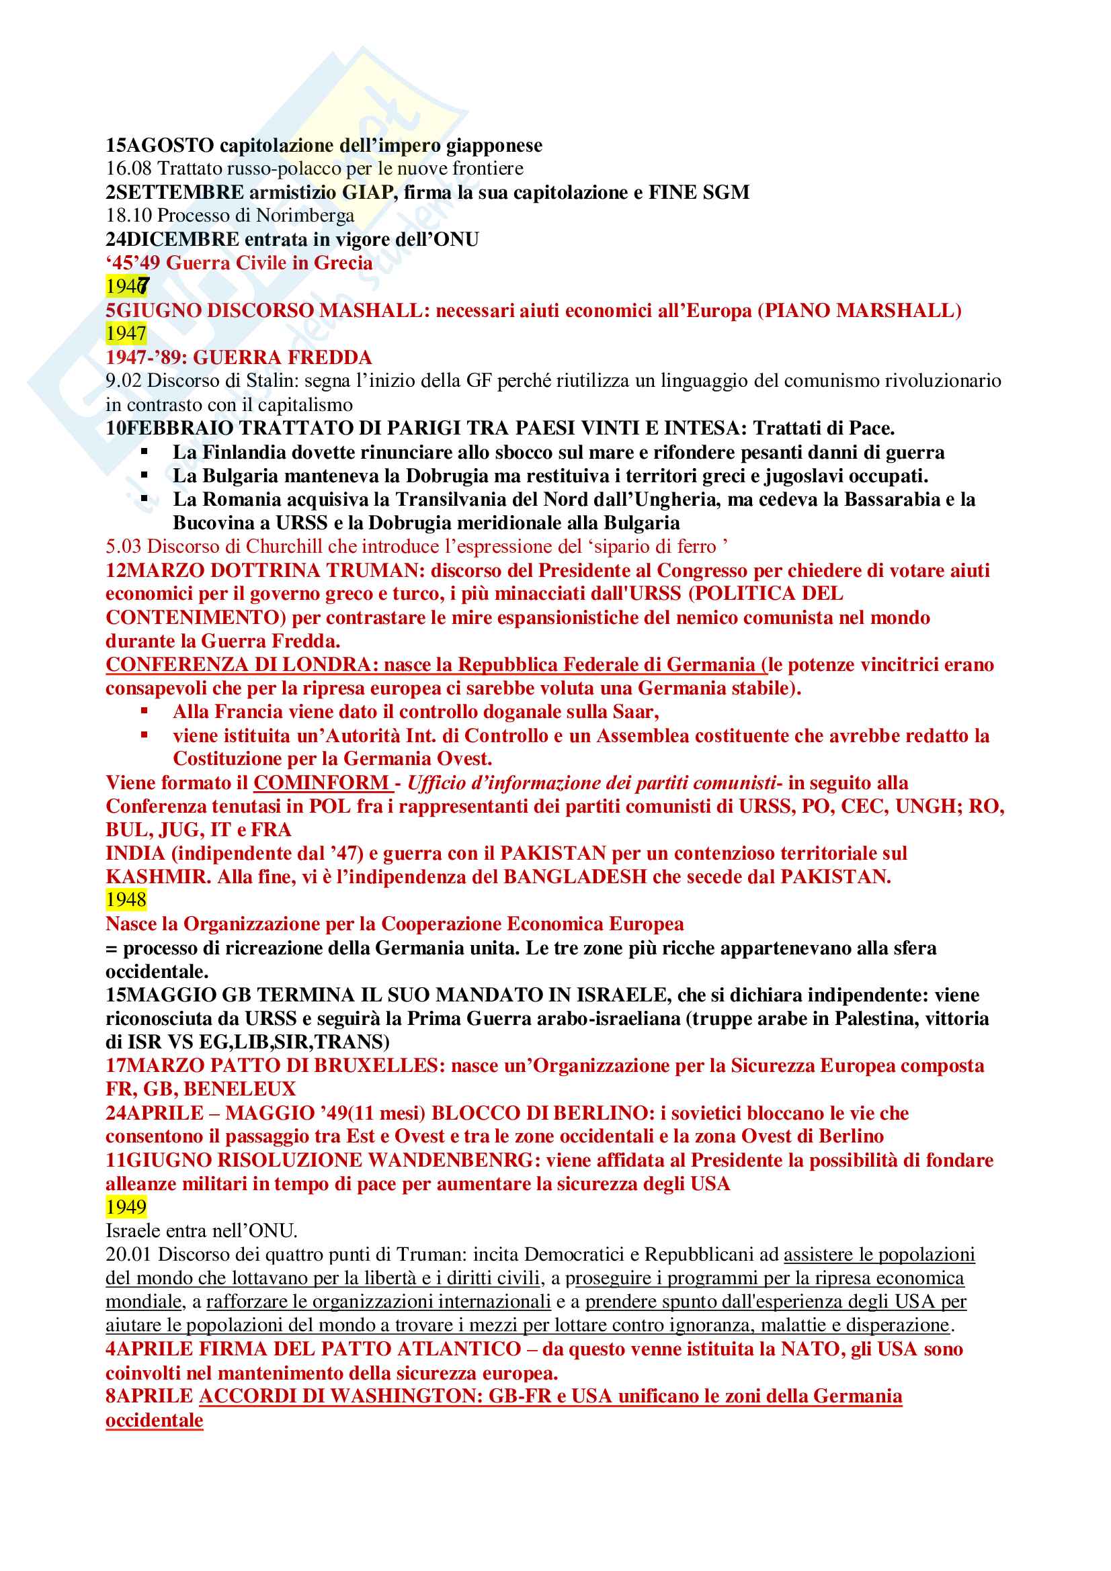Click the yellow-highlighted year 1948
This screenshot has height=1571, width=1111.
tap(126, 900)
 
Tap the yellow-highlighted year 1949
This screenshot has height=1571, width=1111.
tap(126, 1207)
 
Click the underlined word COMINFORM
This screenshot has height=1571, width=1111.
tap(321, 782)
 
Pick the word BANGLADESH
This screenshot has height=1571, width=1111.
tap(575, 877)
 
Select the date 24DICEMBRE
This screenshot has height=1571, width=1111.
tap(173, 240)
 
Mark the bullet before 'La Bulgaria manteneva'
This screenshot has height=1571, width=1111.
tap(145, 475)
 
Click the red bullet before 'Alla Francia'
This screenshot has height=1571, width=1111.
tap(145, 711)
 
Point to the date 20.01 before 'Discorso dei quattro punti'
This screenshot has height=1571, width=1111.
tap(128, 1255)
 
